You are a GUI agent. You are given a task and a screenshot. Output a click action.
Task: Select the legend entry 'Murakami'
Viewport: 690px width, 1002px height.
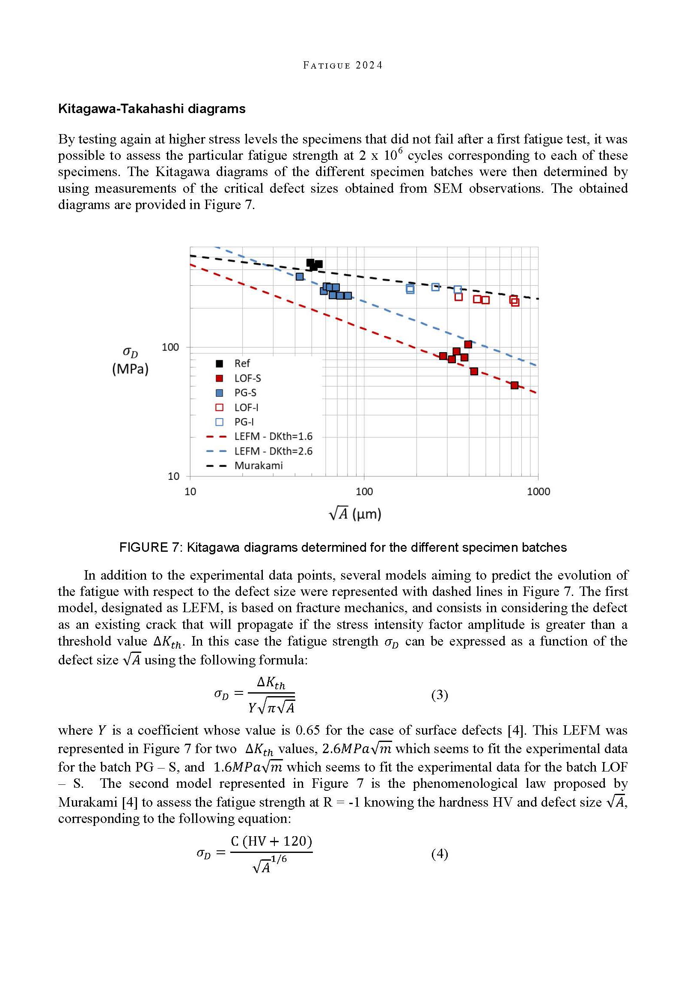(258, 466)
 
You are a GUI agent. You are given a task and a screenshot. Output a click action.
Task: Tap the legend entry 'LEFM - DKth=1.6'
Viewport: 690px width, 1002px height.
(273, 437)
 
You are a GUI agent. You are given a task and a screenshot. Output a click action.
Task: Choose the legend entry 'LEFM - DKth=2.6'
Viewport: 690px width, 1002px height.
(273, 451)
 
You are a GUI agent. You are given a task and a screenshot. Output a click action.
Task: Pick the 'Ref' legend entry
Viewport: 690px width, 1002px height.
(242, 363)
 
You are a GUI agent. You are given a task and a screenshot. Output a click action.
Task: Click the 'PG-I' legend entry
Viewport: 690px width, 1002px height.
(244, 422)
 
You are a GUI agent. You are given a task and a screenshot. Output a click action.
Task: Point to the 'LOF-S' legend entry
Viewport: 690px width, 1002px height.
(247, 378)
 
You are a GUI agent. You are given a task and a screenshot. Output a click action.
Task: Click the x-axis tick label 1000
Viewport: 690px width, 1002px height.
(538, 492)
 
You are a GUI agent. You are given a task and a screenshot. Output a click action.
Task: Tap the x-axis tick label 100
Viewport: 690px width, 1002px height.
(364, 492)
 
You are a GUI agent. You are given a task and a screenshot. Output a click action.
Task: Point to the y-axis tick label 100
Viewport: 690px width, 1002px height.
(170, 347)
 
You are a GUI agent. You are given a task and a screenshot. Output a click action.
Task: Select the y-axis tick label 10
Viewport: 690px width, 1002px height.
(173, 476)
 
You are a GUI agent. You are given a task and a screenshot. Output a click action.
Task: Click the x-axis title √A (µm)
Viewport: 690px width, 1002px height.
(355, 514)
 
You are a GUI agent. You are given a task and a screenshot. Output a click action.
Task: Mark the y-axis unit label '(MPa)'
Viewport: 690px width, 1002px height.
(130, 369)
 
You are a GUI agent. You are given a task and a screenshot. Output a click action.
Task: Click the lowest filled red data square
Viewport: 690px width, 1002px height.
(515, 386)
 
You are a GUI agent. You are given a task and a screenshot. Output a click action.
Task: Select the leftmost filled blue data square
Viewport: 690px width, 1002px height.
(300, 276)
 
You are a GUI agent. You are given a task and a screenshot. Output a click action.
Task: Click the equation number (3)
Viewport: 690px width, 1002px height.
(440, 695)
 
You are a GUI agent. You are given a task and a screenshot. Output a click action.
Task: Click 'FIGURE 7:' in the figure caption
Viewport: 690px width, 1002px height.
(149, 548)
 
